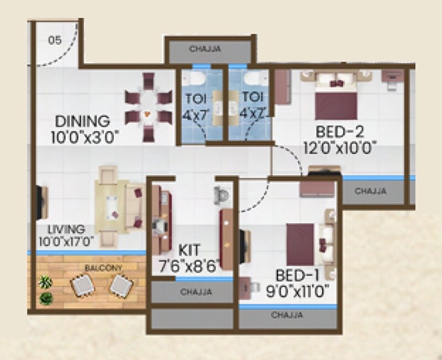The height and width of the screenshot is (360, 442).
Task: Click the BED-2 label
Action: click(340, 133)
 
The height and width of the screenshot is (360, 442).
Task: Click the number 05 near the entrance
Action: click(54, 40)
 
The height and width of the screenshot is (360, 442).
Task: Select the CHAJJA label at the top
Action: click(205, 49)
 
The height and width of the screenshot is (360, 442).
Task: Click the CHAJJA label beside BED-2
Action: click(371, 191)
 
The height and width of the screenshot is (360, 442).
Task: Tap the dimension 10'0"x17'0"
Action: click(66, 241)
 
